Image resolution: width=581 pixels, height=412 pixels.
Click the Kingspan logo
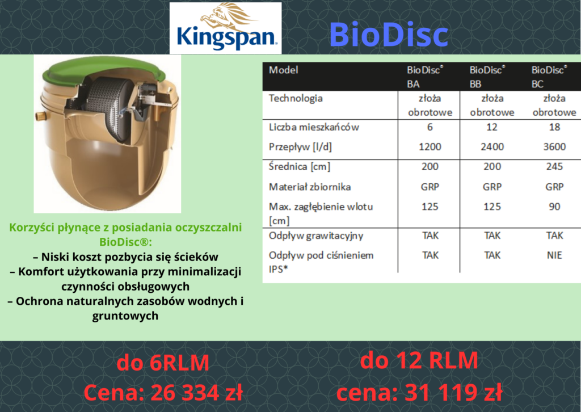(x=225, y=28)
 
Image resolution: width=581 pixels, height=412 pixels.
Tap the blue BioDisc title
(x=388, y=35)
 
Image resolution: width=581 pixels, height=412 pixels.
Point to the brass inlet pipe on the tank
(x=39, y=116)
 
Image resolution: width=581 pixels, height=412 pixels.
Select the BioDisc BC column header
(x=549, y=77)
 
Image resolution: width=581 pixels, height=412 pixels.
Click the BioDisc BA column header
(x=424, y=77)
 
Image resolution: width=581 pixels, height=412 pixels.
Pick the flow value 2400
(x=492, y=147)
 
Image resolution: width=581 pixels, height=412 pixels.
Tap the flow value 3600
(x=554, y=147)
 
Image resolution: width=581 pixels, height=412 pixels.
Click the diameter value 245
(x=554, y=166)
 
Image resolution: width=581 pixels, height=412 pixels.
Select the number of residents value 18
(x=554, y=127)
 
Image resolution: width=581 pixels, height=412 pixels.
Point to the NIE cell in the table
(x=554, y=255)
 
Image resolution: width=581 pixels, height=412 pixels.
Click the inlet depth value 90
(x=554, y=207)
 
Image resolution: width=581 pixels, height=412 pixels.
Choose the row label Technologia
(x=296, y=99)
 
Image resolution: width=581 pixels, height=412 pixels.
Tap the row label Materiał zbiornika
(x=310, y=187)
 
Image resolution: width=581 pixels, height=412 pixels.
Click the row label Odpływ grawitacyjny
(x=316, y=236)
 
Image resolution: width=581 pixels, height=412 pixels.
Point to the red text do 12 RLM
(x=419, y=360)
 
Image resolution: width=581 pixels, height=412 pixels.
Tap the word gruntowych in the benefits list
(x=125, y=316)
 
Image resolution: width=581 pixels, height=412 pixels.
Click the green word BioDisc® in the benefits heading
(x=125, y=242)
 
